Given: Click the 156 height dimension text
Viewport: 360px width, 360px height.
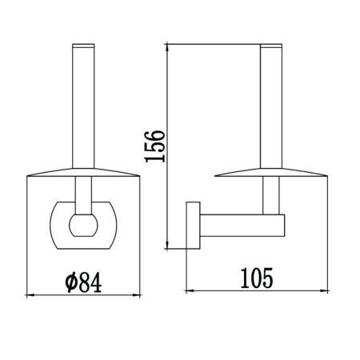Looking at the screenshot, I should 155,145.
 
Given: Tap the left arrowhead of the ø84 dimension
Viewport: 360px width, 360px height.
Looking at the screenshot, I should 30,295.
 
